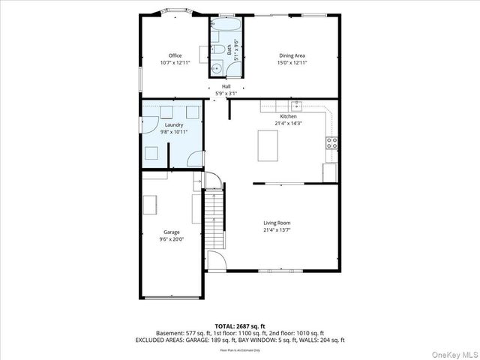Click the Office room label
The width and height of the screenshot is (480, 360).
click(x=175, y=55)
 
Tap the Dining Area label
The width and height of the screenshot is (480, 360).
click(x=292, y=55)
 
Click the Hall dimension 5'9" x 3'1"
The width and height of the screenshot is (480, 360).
click(x=226, y=93)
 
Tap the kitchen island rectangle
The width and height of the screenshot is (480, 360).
click(x=268, y=145)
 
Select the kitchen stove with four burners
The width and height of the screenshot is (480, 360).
click(x=331, y=142)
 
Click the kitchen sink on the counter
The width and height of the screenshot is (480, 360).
click(x=296, y=106)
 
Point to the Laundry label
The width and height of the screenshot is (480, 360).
click(x=174, y=124)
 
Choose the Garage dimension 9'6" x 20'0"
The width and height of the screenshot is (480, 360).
click(x=172, y=239)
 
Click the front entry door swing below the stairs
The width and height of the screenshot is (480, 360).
click(x=216, y=261)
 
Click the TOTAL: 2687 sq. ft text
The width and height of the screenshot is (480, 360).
click(x=240, y=325)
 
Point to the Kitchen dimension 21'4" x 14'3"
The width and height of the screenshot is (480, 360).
click(x=288, y=123)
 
